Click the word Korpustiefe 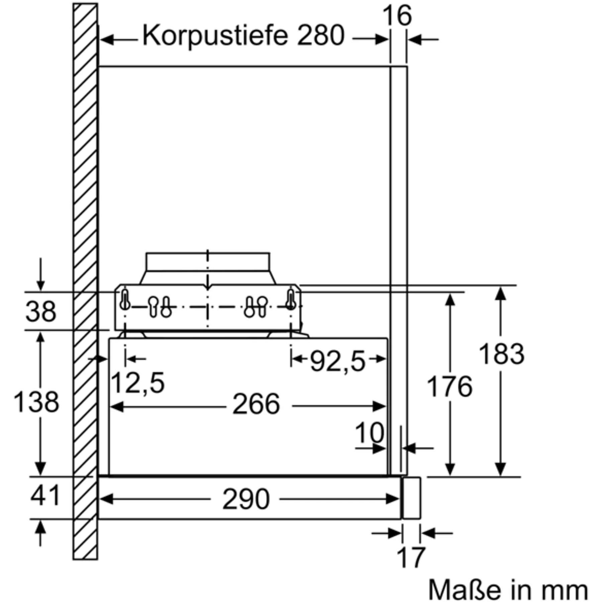pos(215,36)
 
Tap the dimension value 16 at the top pos(397,15)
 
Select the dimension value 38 pos(41,311)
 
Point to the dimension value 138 pos(36,402)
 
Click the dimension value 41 pos(45,495)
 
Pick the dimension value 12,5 pos(137,383)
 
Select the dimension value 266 pos(256,404)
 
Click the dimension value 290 pos(246,499)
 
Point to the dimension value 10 pos(370,433)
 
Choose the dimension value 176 pos(450,387)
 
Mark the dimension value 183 pos(501,354)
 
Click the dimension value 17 pos(411,557)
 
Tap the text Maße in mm pos(508,590)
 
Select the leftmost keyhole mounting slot pos(125,300)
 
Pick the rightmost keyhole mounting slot pos(291,300)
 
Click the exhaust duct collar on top pos(208,268)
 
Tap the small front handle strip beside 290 pos(412,498)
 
